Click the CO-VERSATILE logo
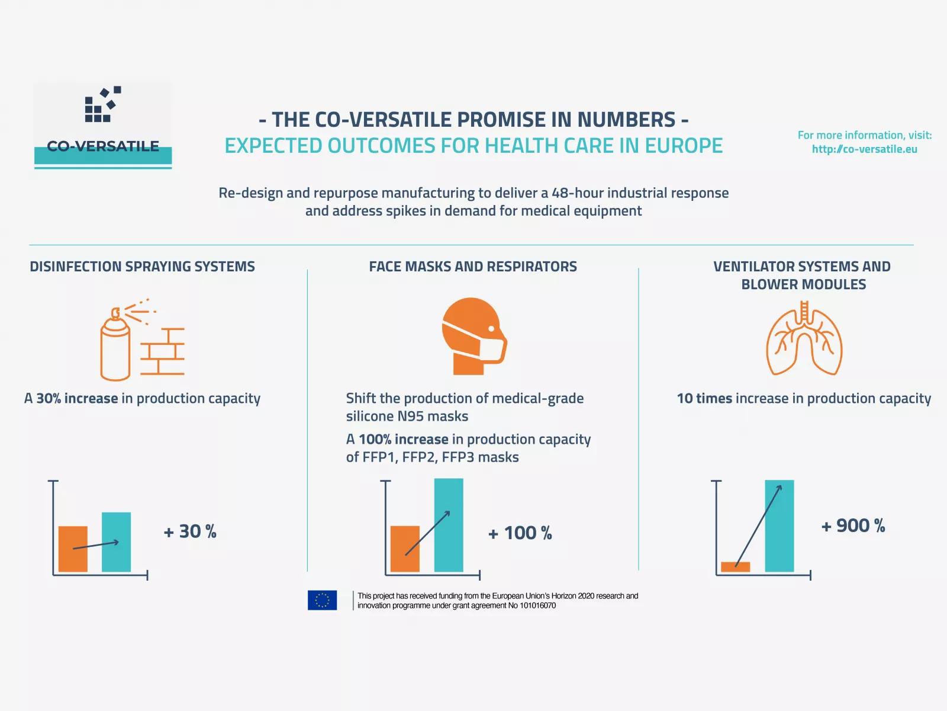[103, 126]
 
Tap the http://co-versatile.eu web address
[864, 149]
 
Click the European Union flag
[322, 600]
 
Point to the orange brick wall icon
[163, 351]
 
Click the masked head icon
[473, 336]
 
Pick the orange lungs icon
[804, 340]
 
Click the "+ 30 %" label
[190, 531]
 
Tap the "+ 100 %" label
[520, 533]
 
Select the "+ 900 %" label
[853, 526]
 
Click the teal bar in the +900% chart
[779, 526]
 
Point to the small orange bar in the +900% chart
[735, 567]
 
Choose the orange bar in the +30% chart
[73, 549]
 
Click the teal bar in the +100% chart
[449, 525]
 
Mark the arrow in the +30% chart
[96, 545]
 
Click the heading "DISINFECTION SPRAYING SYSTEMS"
[142, 267]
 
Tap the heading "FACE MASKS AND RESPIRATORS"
[473, 267]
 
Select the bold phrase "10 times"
[704, 399]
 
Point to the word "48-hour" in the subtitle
[574, 193]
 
